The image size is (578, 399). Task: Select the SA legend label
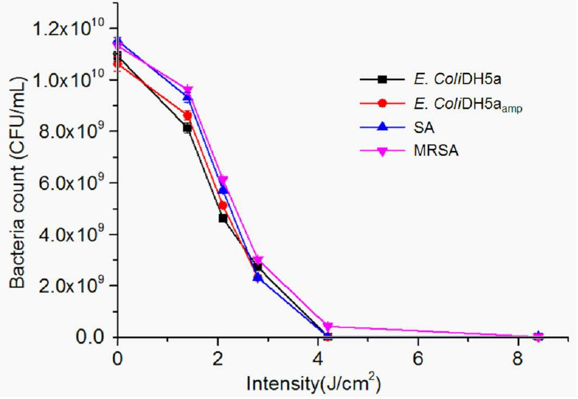click(x=424, y=128)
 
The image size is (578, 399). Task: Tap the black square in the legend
click(x=383, y=79)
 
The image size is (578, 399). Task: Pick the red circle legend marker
click(x=383, y=103)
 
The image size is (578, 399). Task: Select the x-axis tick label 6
click(x=418, y=358)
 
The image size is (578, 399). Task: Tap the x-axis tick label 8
click(x=518, y=358)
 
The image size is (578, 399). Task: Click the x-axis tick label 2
click(x=218, y=358)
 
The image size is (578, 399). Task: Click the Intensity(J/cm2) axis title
click(x=313, y=383)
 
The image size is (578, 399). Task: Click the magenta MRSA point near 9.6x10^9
click(x=188, y=90)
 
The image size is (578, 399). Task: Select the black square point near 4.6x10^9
click(x=223, y=218)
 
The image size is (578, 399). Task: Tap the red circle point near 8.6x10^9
click(x=188, y=116)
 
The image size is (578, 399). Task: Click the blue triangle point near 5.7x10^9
click(x=223, y=190)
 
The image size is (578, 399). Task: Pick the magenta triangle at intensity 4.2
click(x=328, y=326)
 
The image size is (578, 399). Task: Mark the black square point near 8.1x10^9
click(x=187, y=128)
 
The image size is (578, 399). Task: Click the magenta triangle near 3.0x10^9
click(x=258, y=260)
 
